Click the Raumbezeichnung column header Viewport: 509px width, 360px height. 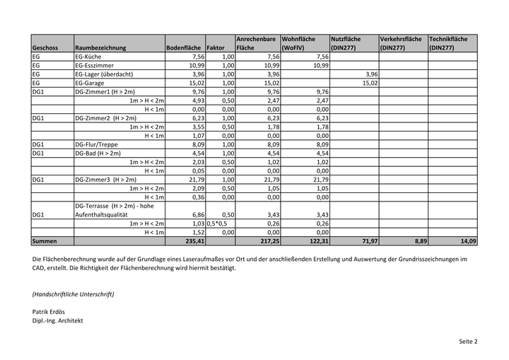100,48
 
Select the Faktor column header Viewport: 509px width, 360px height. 216,48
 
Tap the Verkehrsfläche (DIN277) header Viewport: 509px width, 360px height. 401,43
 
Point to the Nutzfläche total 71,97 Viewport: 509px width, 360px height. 368,241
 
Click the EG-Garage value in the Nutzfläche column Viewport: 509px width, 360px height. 370,83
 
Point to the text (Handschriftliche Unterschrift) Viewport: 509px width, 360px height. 73,294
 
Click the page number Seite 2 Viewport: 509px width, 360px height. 468,342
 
